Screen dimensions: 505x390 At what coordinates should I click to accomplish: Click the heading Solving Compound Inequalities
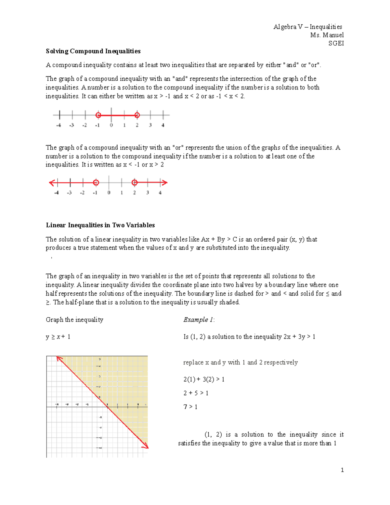(93, 51)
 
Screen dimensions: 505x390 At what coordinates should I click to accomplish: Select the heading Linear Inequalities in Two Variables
(100, 225)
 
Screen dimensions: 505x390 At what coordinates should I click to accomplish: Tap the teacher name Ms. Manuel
(327, 35)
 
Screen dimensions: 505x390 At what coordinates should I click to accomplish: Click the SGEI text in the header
(336, 43)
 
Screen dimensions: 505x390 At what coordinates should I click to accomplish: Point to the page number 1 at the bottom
(342, 470)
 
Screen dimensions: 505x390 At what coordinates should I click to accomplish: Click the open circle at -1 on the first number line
(98, 115)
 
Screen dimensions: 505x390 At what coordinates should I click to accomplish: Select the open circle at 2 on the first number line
(137, 115)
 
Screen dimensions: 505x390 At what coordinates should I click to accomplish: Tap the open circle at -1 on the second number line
(96, 183)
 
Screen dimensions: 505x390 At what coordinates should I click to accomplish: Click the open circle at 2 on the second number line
(135, 183)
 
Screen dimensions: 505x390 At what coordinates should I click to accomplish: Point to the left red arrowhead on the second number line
(51, 183)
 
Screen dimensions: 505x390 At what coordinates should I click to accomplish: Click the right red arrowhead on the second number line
(165, 183)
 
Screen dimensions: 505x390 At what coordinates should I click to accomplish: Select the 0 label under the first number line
(111, 125)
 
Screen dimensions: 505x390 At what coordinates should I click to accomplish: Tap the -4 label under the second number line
(57, 193)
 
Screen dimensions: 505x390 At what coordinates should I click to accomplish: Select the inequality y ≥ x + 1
(58, 337)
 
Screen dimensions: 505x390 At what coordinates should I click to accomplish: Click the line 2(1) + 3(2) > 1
(204, 379)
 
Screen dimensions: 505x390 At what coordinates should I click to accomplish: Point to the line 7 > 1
(190, 407)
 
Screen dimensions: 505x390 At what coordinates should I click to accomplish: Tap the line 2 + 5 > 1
(196, 393)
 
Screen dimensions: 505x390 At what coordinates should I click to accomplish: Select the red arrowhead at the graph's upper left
(59, 358)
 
